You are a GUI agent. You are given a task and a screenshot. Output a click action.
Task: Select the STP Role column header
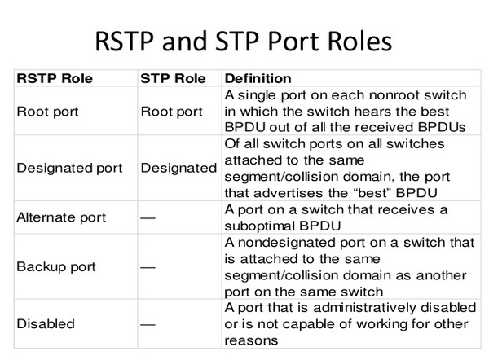[x=172, y=79]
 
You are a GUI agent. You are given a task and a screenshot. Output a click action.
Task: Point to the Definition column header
[x=258, y=79]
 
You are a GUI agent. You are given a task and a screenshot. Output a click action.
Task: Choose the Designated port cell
[x=69, y=168]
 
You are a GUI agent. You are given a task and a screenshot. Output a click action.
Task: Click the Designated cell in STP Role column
[x=178, y=168]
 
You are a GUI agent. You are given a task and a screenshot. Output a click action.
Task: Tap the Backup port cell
[x=56, y=266]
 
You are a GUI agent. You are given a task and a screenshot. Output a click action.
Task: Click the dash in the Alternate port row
[x=148, y=218]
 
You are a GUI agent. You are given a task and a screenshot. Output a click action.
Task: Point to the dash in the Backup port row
[x=148, y=266]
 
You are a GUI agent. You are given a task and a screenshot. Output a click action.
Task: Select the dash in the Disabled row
[x=148, y=323]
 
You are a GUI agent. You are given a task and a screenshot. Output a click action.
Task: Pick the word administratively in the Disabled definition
[x=363, y=307]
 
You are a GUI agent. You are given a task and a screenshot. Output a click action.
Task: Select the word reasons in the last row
[x=250, y=341]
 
